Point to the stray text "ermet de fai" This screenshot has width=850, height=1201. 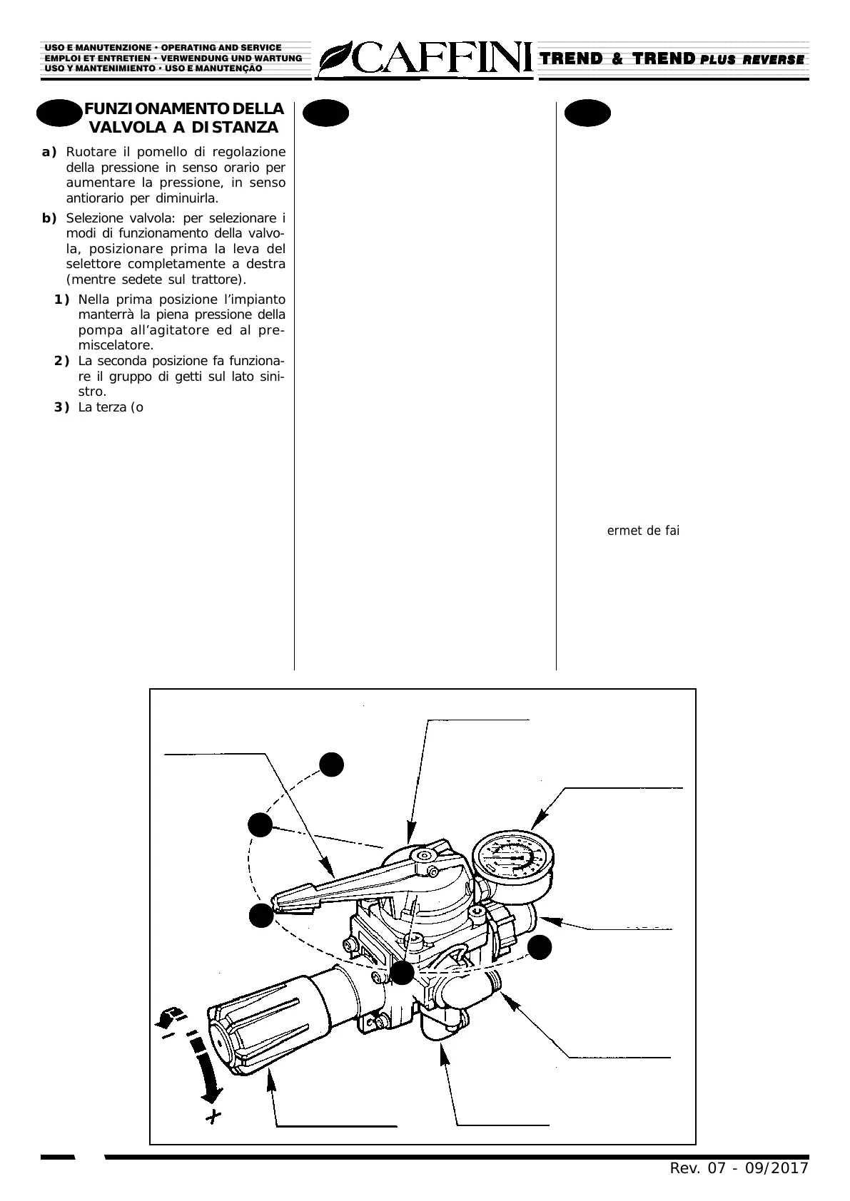(643, 531)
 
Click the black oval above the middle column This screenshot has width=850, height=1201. (325, 113)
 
